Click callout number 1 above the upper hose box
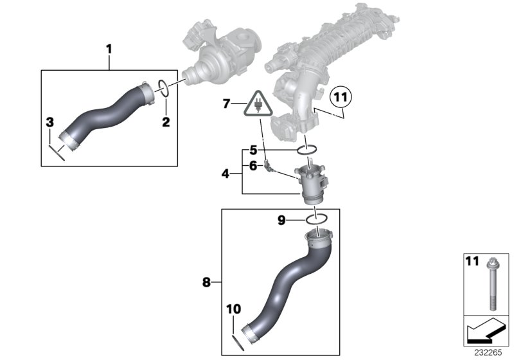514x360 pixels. pos(109,48)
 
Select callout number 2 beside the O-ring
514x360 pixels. pos(165,121)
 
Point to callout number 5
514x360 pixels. pos(253,150)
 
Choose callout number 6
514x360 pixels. pos(253,166)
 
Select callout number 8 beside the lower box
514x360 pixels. pos(206,281)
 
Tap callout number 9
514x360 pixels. pos(281,220)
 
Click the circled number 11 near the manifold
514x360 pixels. pos(341,98)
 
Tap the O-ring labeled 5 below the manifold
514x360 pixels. pos(307,150)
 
